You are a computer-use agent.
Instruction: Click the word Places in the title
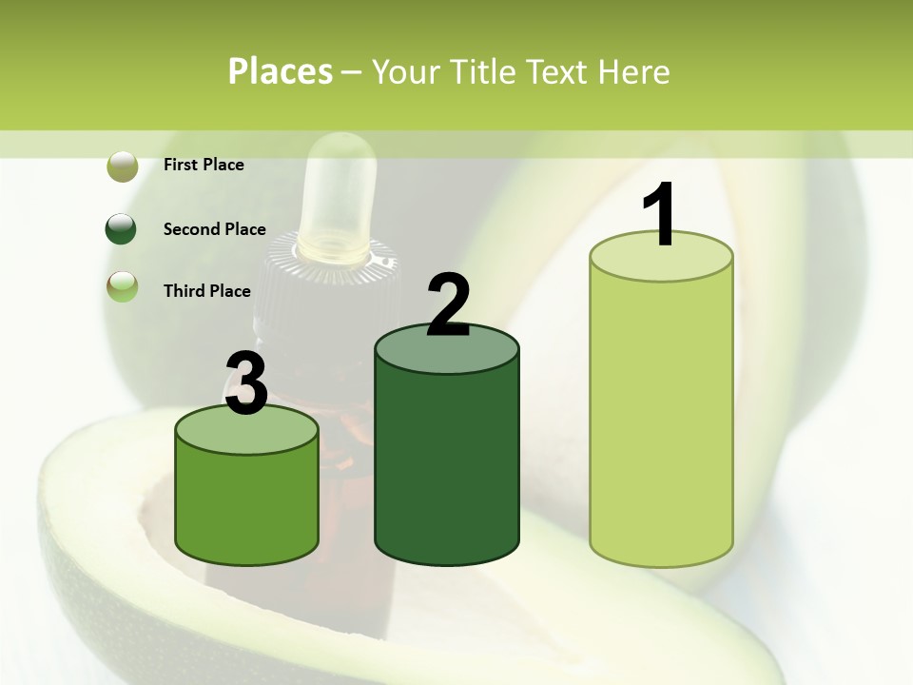coord(280,72)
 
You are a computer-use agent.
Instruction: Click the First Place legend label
coord(204,165)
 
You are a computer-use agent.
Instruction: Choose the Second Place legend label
coord(214,229)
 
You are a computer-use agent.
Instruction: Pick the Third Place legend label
coord(206,291)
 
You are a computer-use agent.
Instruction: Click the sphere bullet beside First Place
coord(122,166)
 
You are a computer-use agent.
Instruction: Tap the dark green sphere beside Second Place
coord(122,229)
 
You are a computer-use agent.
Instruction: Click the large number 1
coord(659,215)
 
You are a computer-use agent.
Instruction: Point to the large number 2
coord(448,306)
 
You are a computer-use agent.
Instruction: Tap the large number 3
coord(247,384)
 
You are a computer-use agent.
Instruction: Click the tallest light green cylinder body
coord(661,419)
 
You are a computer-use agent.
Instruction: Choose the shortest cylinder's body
coord(247,504)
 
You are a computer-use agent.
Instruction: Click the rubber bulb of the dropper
coord(340,190)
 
